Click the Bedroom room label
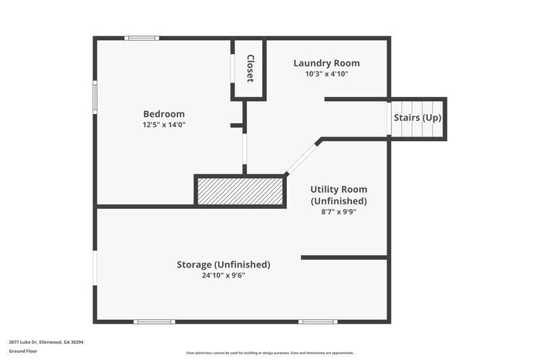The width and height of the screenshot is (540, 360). coord(164,113)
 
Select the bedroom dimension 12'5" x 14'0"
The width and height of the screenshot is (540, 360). coord(164,124)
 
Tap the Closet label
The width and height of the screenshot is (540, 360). coord(250,68)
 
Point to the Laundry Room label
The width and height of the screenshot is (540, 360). coord(326,63)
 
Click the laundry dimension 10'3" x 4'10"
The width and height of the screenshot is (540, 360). coord(326,74)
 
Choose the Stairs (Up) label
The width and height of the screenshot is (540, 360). coord(417,118)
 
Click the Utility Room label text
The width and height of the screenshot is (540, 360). coord(339,189)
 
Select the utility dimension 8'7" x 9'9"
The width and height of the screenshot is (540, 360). coord(339,211)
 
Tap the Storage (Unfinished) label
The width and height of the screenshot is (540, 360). coord(224,264)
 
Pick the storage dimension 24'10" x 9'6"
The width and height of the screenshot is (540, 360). coord(224,275)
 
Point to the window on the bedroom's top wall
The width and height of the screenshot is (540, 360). coord(143,38)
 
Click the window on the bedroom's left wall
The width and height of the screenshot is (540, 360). coord(95,98)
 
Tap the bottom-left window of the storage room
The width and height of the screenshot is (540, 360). coord(154,321)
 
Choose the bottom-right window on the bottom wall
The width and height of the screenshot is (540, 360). coord(318,321)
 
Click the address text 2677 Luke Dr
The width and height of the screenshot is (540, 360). coord(46,341)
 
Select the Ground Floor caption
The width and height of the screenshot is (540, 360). coord(22,351)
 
